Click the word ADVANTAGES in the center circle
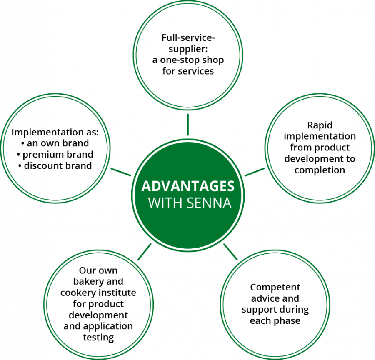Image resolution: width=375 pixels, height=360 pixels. tap(188, 186)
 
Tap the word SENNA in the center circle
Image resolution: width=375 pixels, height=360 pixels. tap(209, 203)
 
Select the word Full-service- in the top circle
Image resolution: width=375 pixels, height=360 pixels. tap(188, 37)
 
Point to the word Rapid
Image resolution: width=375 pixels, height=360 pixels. tap(320, 125)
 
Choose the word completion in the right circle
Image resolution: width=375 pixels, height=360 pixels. tap(320, 170)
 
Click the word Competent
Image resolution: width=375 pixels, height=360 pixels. tap(275, 287)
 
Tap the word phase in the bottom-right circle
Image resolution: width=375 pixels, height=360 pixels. tap(287, 321)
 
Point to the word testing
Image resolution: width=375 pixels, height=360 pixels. tap(98, 337)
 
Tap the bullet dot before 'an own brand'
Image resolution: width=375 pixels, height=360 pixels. tap(23, 143)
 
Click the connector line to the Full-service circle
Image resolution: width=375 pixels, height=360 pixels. tap(188, 125)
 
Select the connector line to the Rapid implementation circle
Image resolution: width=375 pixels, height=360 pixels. tap(255, 172)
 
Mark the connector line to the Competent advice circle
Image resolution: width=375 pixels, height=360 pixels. tap(230, 252)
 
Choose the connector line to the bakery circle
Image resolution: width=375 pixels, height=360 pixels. tap(145, 252)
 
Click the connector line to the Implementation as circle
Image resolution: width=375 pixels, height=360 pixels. tap(121, 172)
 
